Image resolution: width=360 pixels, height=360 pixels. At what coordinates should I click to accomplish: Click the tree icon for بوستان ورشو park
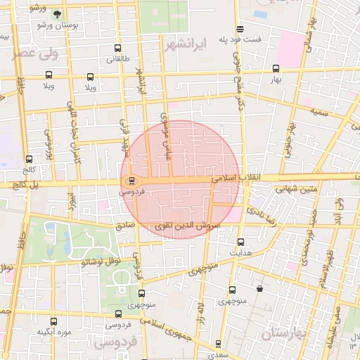[x=57, y=13]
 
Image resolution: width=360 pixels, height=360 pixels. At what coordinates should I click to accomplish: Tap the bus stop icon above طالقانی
[x=117, y=49]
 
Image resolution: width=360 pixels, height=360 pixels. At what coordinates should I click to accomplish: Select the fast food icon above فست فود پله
[x=240, y=29]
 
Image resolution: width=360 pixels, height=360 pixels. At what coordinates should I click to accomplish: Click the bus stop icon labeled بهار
[x=275, y=69]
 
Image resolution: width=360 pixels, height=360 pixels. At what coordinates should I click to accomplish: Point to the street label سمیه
[x=321, y=112]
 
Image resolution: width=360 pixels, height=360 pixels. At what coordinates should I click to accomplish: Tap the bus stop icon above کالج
[x=29, y=160]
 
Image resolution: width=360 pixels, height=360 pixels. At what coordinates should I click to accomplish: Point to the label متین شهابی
[x=299, y=188]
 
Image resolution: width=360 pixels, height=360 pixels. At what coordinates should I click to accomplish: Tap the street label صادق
[x=124, y=226]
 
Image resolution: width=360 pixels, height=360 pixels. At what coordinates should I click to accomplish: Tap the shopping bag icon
[x=260, y=288]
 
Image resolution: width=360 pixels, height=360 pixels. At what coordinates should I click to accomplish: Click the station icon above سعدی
[x=218, y=344]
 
